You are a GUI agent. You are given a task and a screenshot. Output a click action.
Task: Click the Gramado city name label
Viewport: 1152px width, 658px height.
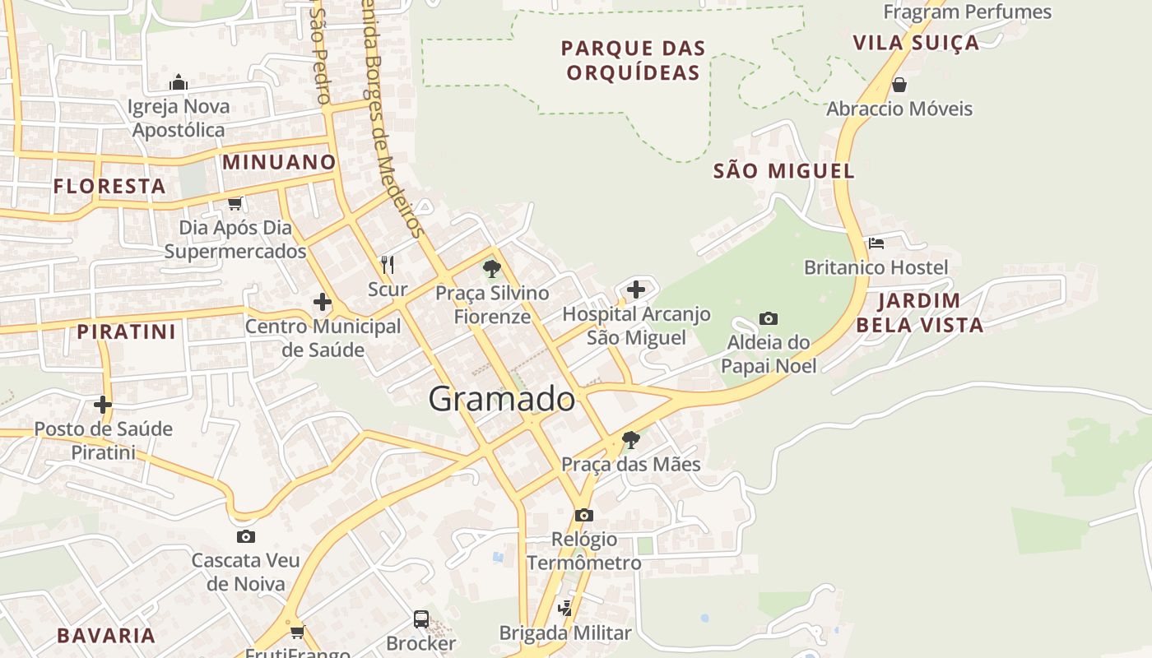pyautogui.click(x=501, y=399)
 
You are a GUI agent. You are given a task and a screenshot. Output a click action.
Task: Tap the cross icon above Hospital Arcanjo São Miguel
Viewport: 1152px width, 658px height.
pyautogui.click(x=636, y=290)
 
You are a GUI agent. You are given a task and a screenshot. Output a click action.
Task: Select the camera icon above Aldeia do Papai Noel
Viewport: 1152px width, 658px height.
pyautogui.click(x=768, y=318)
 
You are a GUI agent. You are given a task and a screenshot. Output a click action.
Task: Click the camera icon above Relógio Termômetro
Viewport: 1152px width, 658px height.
pyautogui.click(x=583, y=515)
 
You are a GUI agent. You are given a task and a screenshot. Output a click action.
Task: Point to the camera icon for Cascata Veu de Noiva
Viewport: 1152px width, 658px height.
pyautogui.click(x=245, y=537)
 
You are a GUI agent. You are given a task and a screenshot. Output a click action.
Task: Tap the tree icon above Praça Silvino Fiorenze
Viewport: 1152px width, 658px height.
pyautogui.click(x=491, y=268)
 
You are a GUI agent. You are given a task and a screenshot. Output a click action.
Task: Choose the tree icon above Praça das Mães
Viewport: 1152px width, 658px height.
pyautogui.click(x=630, y=439)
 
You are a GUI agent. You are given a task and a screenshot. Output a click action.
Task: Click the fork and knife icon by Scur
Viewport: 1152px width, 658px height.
pyautogui.click(x=388, y=265)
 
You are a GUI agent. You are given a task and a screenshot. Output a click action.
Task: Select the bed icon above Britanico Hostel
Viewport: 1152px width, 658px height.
pyautogui.click(x=876, y=243)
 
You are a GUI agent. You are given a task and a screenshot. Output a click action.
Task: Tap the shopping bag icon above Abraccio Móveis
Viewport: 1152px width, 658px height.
pyautogui.click(x=899, y=85)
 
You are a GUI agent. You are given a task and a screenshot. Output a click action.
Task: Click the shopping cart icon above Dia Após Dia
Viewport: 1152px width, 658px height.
pyautogui.click(x=235, y=203)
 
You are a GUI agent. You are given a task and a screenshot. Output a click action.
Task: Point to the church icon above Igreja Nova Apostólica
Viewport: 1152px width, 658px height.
pyautogui.click(x=179, y=82)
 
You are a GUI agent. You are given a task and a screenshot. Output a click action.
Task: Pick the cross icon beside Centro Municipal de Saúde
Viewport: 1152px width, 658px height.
pyautogui.click(x=323, y=303)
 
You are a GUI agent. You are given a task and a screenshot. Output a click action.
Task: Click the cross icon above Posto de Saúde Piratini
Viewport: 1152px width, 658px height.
pyautogui.click(x=103, y=405)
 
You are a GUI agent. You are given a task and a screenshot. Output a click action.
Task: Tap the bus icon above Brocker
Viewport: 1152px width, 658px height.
pyautogui.click(x=420, y=619)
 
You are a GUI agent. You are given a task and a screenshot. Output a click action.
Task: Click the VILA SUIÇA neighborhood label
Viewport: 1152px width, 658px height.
pyautogui.click(x=916, y=43)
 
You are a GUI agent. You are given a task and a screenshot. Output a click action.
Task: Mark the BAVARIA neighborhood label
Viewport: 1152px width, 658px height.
pyautogui.click(x=106, y=635)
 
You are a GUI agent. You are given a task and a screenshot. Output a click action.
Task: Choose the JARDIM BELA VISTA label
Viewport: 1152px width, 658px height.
pyautogui.click(x=919, y=313)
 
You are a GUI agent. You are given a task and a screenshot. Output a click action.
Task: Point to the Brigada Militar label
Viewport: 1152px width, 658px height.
pyautogui.click(x=565, y=633)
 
